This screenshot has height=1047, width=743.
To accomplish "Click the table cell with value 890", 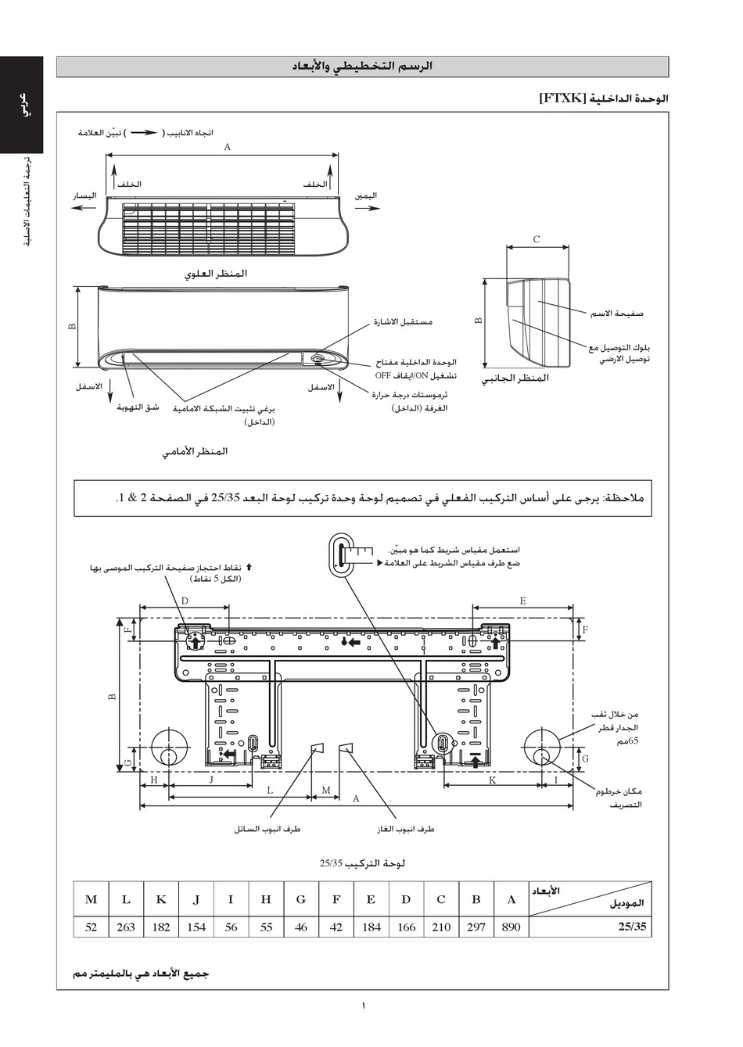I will coord(511,927).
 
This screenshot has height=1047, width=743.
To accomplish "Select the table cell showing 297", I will coord(476,927).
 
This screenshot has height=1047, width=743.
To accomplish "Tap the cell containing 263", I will coord(126,927).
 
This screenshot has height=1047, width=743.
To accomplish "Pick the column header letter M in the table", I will coord(91,899).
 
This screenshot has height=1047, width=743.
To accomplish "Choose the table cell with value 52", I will coord(91,927).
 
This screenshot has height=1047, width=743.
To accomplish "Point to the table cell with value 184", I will coord(371,927).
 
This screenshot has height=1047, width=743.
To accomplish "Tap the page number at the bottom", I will coord(364,1006).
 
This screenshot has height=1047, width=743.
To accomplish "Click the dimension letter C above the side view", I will coord(537,239).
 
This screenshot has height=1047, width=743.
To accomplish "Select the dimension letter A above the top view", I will coord(227,146).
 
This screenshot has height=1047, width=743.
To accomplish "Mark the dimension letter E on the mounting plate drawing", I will coord(522,601).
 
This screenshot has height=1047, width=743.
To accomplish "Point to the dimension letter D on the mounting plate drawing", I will coord(185,601).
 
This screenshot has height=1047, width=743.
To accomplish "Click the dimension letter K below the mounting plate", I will coord(493,780).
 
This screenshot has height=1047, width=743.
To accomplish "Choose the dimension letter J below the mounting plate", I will coord(212,780).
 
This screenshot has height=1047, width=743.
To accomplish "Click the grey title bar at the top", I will coord(362,67).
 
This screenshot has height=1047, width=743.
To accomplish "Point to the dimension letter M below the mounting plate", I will coord(325,790).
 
